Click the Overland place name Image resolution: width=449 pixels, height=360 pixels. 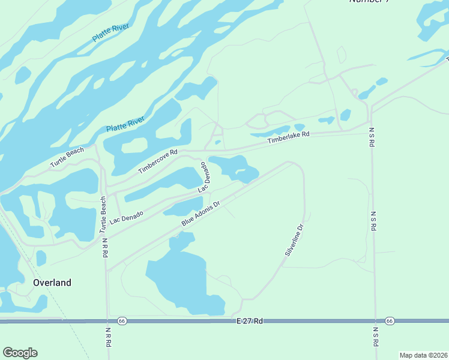[52, 283]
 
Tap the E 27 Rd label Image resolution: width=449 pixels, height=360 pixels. [250, 322]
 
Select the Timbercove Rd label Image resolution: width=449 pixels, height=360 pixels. [158, 161]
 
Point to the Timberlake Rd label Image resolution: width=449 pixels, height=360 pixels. [288, 137]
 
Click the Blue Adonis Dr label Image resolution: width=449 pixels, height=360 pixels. [201, 214]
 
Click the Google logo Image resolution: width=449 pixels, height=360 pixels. [20, 353]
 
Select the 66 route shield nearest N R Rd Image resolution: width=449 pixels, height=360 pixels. [122, 321]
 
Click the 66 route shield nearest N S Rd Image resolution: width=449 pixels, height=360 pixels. [390, 322]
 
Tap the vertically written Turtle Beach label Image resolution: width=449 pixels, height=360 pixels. [103, 214]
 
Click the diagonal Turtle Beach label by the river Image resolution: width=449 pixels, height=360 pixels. [67, 157]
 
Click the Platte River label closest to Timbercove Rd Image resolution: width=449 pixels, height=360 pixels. [125, 125]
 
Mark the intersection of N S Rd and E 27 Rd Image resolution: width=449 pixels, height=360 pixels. [375, 322]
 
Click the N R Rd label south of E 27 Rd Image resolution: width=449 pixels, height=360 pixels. [108, 338]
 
